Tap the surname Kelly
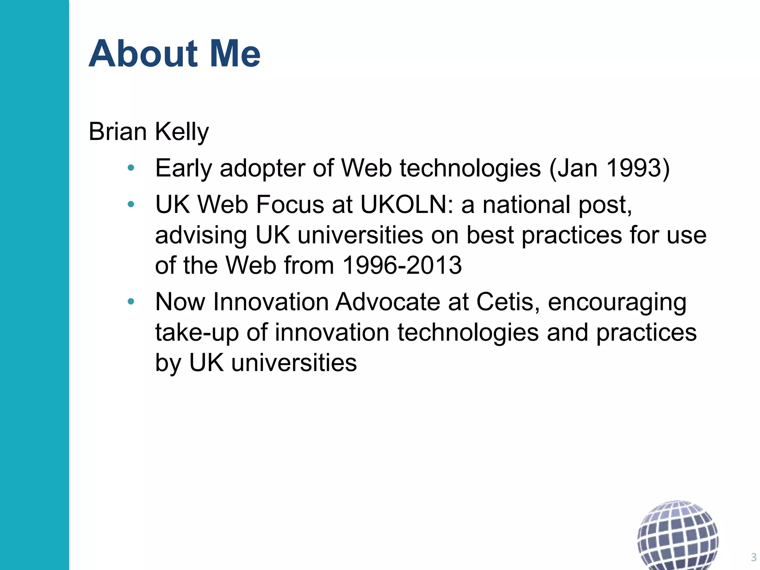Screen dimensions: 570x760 coord(182,132)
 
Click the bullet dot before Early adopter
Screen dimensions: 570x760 coord(131,168)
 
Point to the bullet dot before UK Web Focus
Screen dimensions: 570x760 coord(131,204)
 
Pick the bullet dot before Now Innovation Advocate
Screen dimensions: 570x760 coord(131,302)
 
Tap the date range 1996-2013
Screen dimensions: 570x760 coord(402,265)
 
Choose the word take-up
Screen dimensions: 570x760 coord(197,333)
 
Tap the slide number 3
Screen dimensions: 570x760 coord(753,557)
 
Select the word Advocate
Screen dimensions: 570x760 coord(387,302)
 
